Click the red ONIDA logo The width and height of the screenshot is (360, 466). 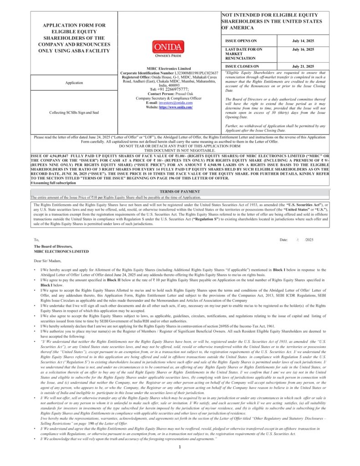[x=168, y=46]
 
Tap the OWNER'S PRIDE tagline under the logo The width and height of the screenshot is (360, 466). [x=168, y=56]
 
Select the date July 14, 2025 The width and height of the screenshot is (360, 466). [x=303, y=41]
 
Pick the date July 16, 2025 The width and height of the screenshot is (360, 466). [x=303, y=49]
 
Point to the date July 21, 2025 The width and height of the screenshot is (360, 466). [x=303, y=66]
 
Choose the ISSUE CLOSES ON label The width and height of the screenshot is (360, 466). [x=242, y=66]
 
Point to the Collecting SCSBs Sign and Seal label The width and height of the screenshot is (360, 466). [x=74, y=112]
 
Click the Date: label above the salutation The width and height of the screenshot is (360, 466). [x=284, y=239]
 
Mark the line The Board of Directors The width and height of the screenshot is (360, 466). [x=53, y=247]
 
